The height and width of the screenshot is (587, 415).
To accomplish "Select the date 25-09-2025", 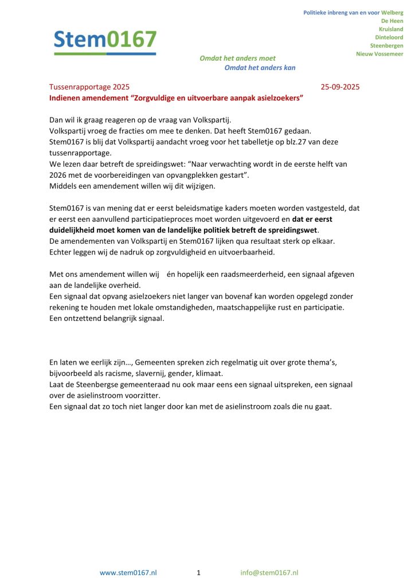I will point(340,88).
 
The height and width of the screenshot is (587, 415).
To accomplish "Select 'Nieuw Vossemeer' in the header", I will point(379,54).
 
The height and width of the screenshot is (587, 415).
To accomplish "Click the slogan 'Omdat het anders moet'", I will point(237,58).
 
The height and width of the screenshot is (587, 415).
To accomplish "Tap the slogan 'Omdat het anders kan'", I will point(260,68).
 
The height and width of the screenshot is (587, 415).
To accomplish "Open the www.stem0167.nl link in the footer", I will point(128,573).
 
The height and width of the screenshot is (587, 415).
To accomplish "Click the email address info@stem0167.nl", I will point(269,573).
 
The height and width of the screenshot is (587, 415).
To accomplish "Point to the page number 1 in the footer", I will point(198,573).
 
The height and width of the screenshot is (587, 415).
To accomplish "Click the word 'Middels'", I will point(64,186).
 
